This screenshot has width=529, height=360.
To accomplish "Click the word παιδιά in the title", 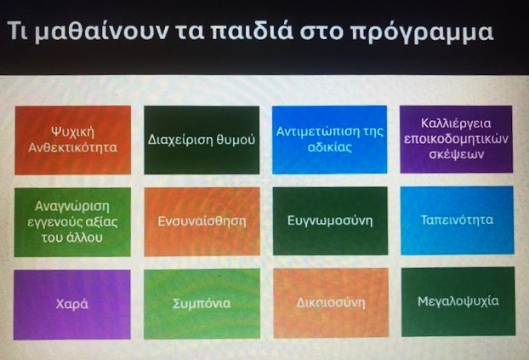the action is coord(251,31).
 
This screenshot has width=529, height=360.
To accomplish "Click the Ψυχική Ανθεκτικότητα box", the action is coord(73,140).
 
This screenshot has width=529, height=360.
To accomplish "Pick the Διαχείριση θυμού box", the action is coord(202,140).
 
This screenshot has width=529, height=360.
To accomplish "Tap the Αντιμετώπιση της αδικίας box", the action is coord(330,140).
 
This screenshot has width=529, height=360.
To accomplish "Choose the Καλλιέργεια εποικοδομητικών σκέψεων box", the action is coord(456,139).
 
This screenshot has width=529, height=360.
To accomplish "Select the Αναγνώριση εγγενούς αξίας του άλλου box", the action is coord(72,222).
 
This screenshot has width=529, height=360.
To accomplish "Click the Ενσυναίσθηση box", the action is coord(202,221).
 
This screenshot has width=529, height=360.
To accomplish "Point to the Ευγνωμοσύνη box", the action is coord(330,221).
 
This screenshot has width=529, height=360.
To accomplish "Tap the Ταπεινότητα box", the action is coord(458,220).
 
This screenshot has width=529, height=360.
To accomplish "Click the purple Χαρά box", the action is coord(71,305).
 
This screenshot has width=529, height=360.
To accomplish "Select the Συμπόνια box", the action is coord(202,304).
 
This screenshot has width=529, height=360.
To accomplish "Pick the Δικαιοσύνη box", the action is coord(331,303).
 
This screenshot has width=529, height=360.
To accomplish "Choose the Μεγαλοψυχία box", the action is coord(458,301).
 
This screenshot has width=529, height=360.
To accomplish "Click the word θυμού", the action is coord(236,140).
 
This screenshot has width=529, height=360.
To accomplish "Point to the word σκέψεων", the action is coord(456,154).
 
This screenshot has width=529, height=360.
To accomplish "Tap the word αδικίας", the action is coord(330,147).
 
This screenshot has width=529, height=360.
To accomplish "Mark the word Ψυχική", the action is coord(73,132).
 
